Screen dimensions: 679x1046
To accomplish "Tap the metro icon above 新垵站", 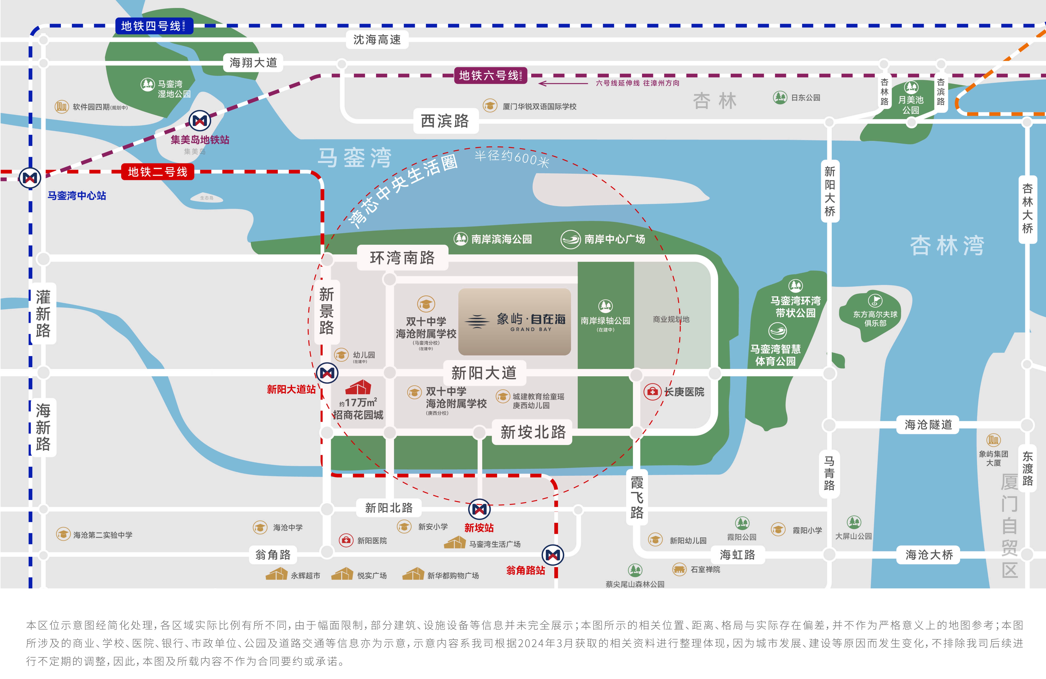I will pos(479,509).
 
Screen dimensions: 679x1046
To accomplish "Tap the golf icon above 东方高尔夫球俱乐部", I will pos(875,301).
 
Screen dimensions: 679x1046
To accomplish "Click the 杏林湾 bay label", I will pos(947,245).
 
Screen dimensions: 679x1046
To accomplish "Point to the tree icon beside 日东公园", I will pos(780,97).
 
